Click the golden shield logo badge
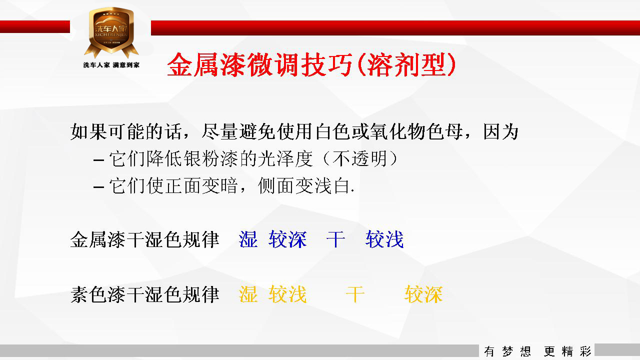point(111,32)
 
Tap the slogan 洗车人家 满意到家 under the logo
point(111,65)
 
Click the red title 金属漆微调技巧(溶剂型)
point(311,65)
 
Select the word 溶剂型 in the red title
point(406,65)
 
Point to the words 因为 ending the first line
point(501,131)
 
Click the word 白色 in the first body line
point(333,131)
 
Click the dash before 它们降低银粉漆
point(98,159)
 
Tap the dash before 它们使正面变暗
point(98,187)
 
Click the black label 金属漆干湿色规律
point(145,239)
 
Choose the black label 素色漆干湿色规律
point(145,294)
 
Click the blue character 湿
point(248,239)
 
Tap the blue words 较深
point(287,239)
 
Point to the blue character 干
point(335,239)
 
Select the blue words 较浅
point(384,239)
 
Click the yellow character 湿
point(248,294)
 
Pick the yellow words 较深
point(423,294)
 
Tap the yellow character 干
point(355,294)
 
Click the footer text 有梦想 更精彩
point(537,351)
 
